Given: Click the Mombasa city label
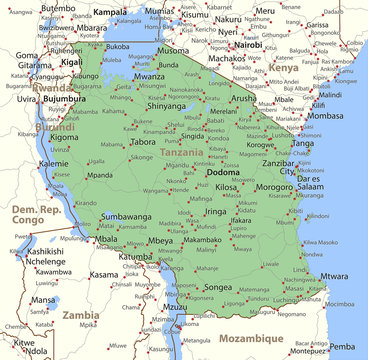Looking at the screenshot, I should (x=325, y=116).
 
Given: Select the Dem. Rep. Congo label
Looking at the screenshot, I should (x=40, y=212).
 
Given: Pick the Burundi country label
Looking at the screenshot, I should (x=54, y=127).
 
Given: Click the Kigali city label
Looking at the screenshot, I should (x=71, y=62).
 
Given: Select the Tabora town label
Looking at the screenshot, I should (x=144, y=142).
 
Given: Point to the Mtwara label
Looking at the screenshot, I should (x=334, y=275).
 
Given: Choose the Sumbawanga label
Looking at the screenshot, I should (x=126, y=216).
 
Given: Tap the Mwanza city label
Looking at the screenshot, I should (x=149, y=76).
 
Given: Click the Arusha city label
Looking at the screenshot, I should (x=245, y=99).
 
